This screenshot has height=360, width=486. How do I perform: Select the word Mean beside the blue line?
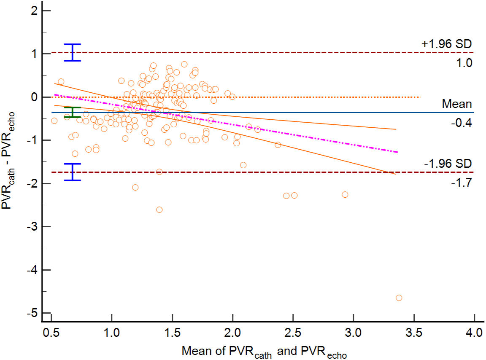(x=456, y=104)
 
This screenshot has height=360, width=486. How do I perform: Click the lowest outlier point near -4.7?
(x=399, y=298)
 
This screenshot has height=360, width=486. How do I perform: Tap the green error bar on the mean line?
(x=73, y=112)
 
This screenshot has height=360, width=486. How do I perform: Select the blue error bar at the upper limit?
(x=73, y=52)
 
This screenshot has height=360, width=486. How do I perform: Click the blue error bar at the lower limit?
(x=73, y=172)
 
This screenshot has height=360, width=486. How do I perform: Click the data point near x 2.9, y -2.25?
(x=345, y=194)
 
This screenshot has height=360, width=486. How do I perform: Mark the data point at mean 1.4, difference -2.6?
(x=159, y=210)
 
